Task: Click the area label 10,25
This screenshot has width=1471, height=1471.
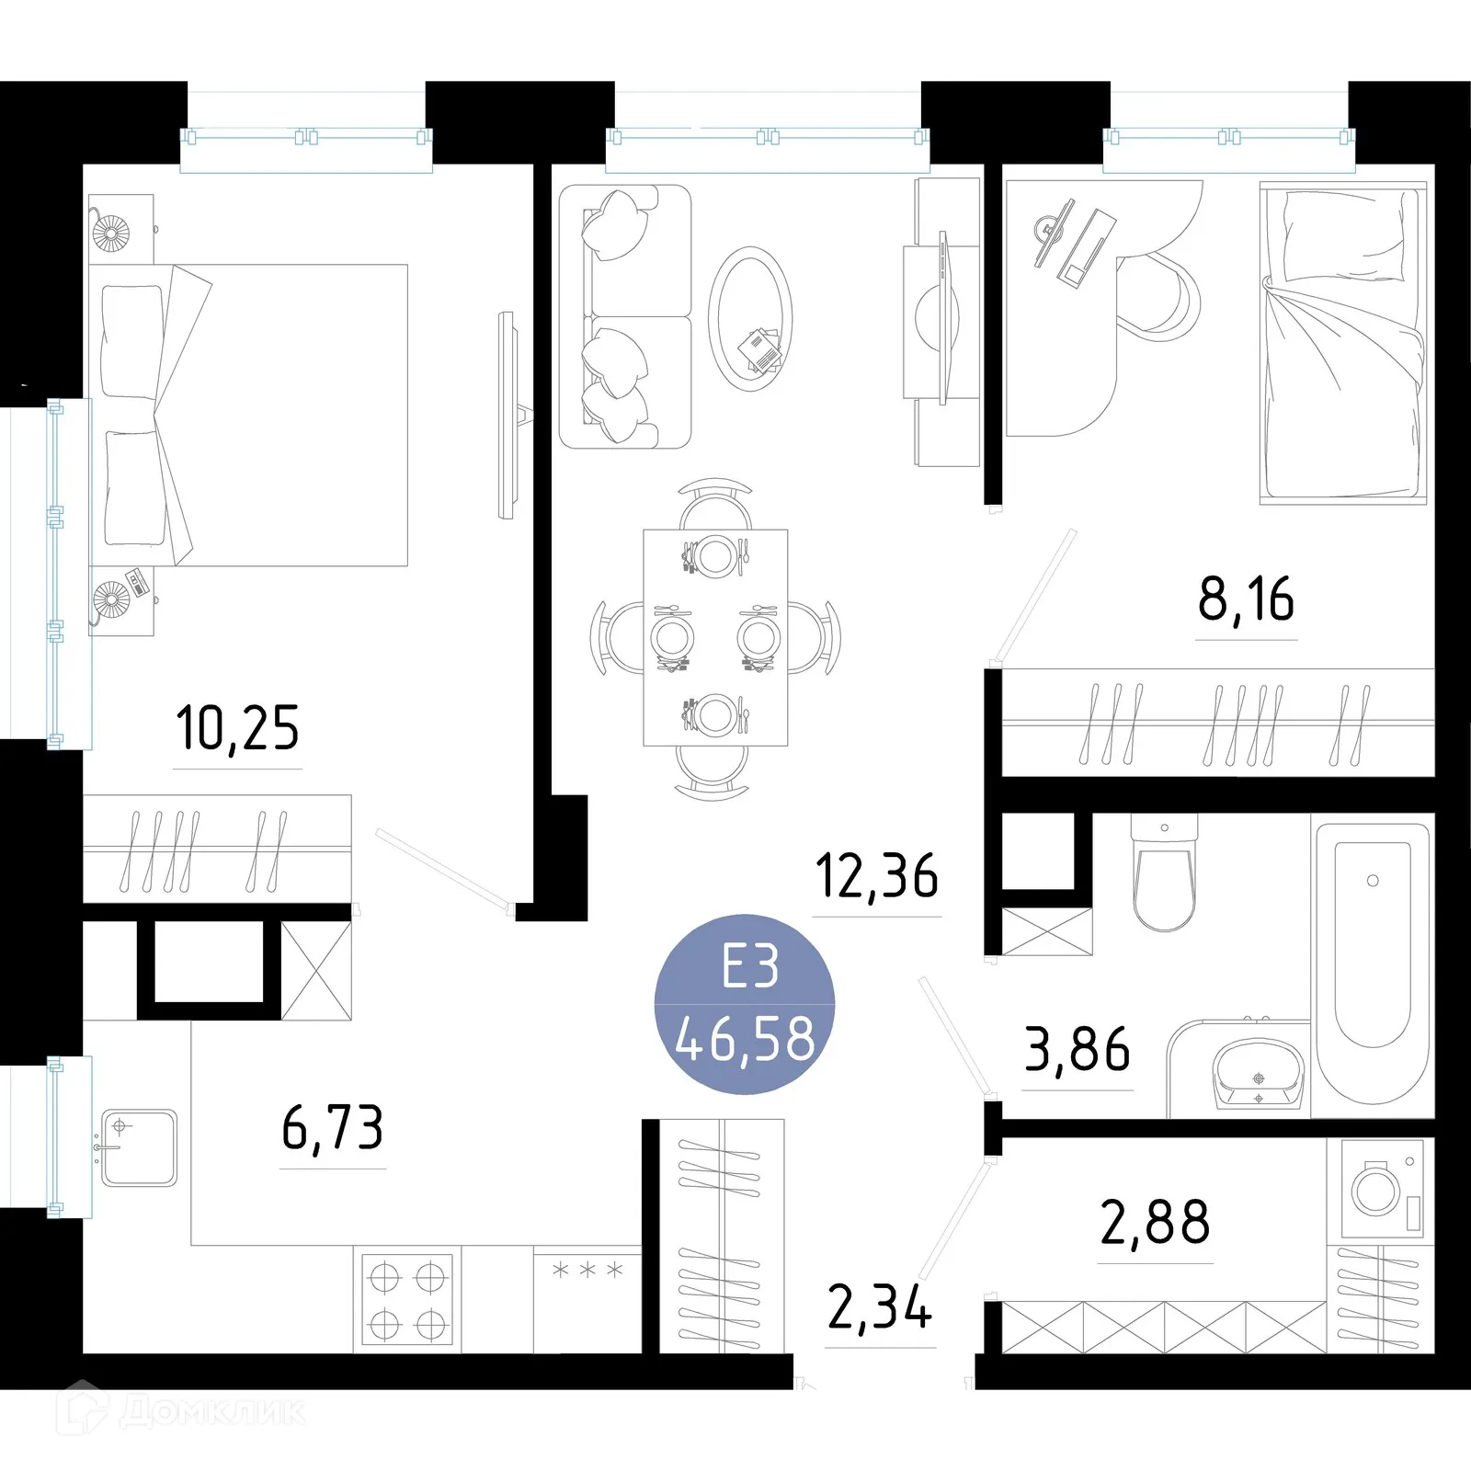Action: pyautogui.click(x=237, y=728)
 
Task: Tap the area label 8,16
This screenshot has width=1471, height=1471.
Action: pyautogui.click(x=1246, y=599)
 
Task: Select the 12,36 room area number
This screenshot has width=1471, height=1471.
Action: pyautogui.click(x=877, y=875)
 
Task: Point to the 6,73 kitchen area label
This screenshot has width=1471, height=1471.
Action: pyautogui.click(x=332, y=1128)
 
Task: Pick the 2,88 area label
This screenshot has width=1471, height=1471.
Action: pyautogui.click(x=1155, y=1222)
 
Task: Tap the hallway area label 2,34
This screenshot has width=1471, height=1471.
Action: pyautogui.click(x=880, y=1307)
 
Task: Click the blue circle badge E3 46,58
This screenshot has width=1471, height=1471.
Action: pyautogui.click(x=745, y=1004)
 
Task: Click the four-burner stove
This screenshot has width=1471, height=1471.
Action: pyautogui.click(x=407, y=1301)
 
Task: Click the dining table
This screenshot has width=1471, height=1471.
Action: pyautogui.click(x=715, y=636)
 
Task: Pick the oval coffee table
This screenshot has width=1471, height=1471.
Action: pyautogui.click(x=750, y=318)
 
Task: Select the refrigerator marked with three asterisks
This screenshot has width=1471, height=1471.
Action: pyautogui.click(x=587, y=1299)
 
